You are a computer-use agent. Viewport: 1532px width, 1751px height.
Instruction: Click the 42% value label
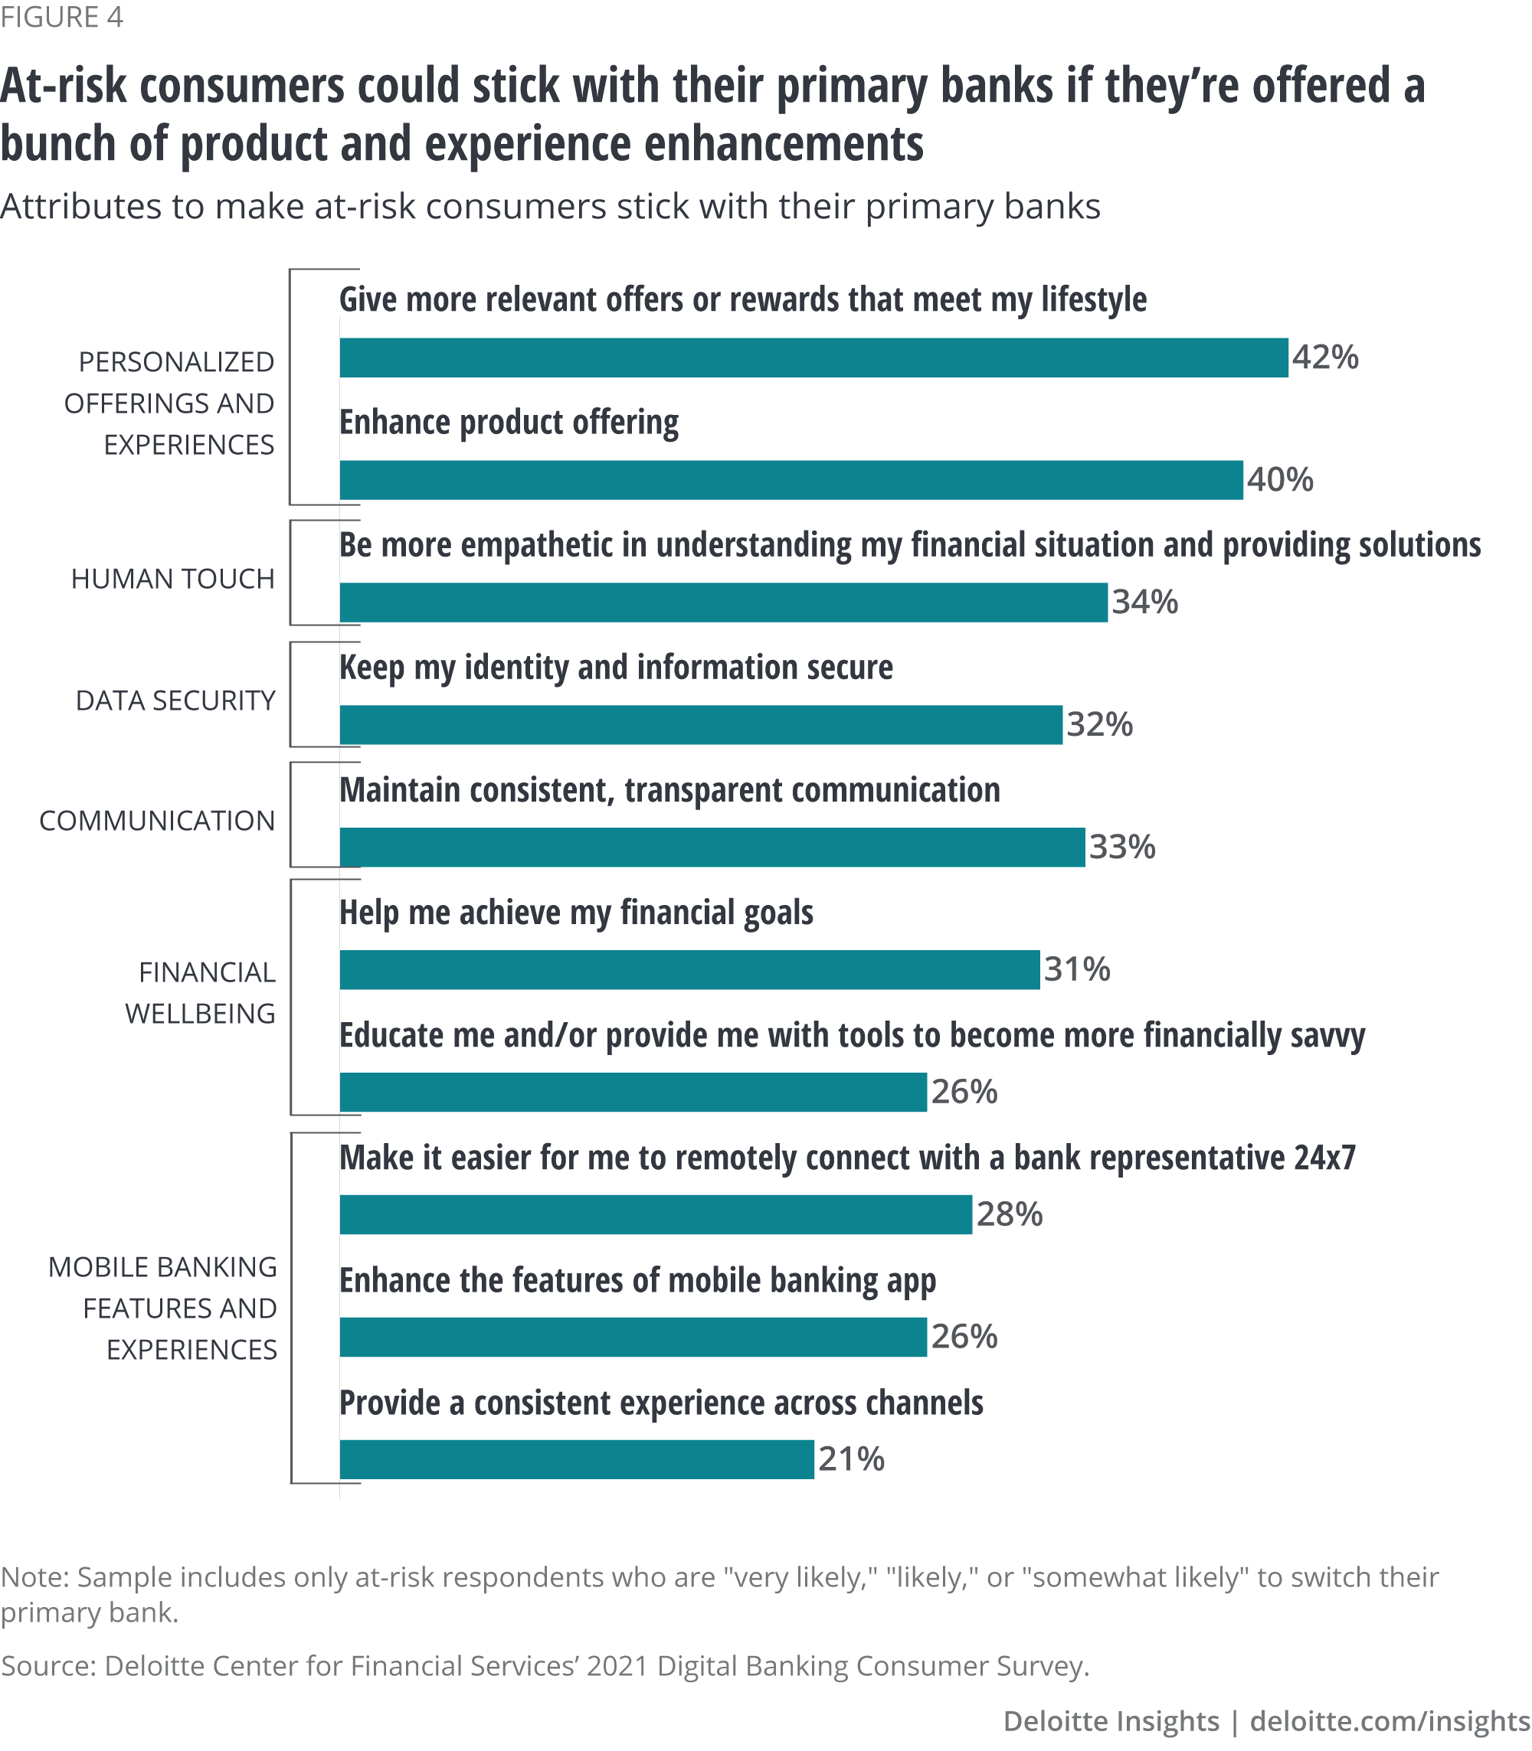[1324, 358]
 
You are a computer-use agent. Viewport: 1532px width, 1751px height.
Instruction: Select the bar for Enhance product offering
[791, 479]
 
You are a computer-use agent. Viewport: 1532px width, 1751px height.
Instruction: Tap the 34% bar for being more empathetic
[723, 603]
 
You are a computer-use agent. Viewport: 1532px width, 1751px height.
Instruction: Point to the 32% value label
[1099, 724]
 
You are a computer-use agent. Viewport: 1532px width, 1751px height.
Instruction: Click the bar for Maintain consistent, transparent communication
[712, 847]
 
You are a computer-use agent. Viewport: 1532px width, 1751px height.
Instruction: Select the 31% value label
[1076, 969]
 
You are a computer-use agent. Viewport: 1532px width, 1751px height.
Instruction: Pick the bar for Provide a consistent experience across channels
[577, 1459]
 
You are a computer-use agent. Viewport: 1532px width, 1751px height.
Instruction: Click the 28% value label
[1009, 1214]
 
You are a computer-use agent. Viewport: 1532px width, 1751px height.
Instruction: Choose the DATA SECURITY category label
[176, 701]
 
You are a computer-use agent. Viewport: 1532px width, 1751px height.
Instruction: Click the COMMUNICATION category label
[157, 822]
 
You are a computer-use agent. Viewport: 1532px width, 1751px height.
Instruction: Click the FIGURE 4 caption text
[61, 17]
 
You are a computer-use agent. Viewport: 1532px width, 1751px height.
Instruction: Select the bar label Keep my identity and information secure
[616, 668]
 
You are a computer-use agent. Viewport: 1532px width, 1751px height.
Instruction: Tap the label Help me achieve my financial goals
[576, 913]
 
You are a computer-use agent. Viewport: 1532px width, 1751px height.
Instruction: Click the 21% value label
[850, 1459]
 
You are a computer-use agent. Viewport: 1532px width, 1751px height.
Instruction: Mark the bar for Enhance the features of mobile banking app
[633, 1337]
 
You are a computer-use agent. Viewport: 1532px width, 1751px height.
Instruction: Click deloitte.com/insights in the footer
[1390, 1720]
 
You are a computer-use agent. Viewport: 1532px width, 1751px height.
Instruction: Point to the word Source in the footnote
[47, 1665]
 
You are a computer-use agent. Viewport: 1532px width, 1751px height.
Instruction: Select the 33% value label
[1121, 847]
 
